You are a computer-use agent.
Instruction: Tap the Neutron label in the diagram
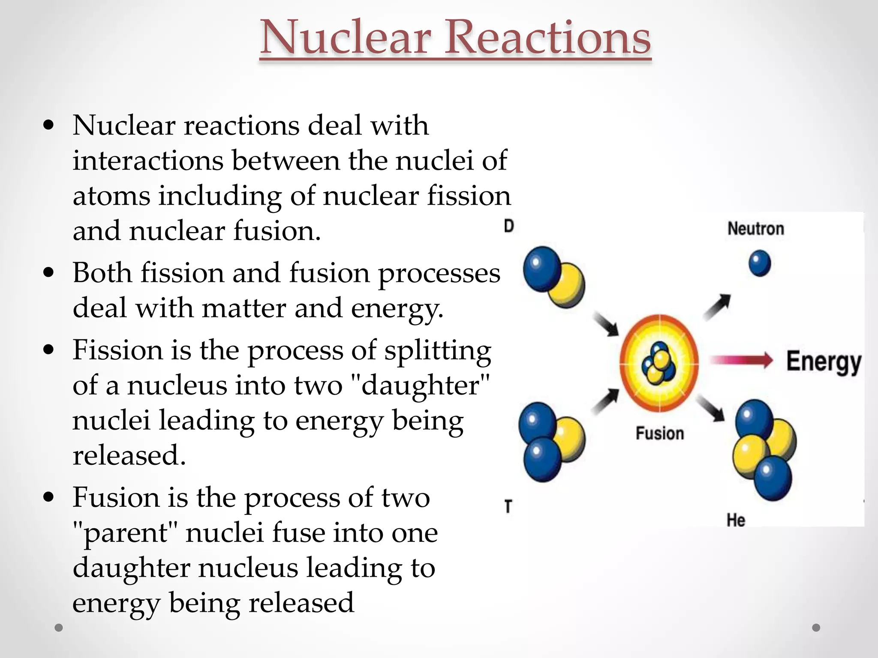pos(755,229)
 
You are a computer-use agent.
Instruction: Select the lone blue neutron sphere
pos(760,263)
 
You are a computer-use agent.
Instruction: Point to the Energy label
pos(824,362)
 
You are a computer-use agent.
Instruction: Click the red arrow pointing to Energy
pos(742,360)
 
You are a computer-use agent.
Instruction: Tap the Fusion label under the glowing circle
pos(660,433)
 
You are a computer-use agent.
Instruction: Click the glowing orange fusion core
pos(659,363)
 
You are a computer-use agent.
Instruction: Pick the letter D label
pos(509,226)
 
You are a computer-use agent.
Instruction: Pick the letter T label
pos(508,506)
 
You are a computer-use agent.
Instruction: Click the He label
pos(736,520)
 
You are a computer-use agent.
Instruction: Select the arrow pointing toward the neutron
pos(718,306)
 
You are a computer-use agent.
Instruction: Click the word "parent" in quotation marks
pos(125,533)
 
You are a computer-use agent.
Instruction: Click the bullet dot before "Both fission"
pos(49,272)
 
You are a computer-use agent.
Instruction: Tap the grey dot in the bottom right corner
pos(816,628)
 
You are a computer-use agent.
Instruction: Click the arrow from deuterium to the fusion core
pos(605,323)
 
